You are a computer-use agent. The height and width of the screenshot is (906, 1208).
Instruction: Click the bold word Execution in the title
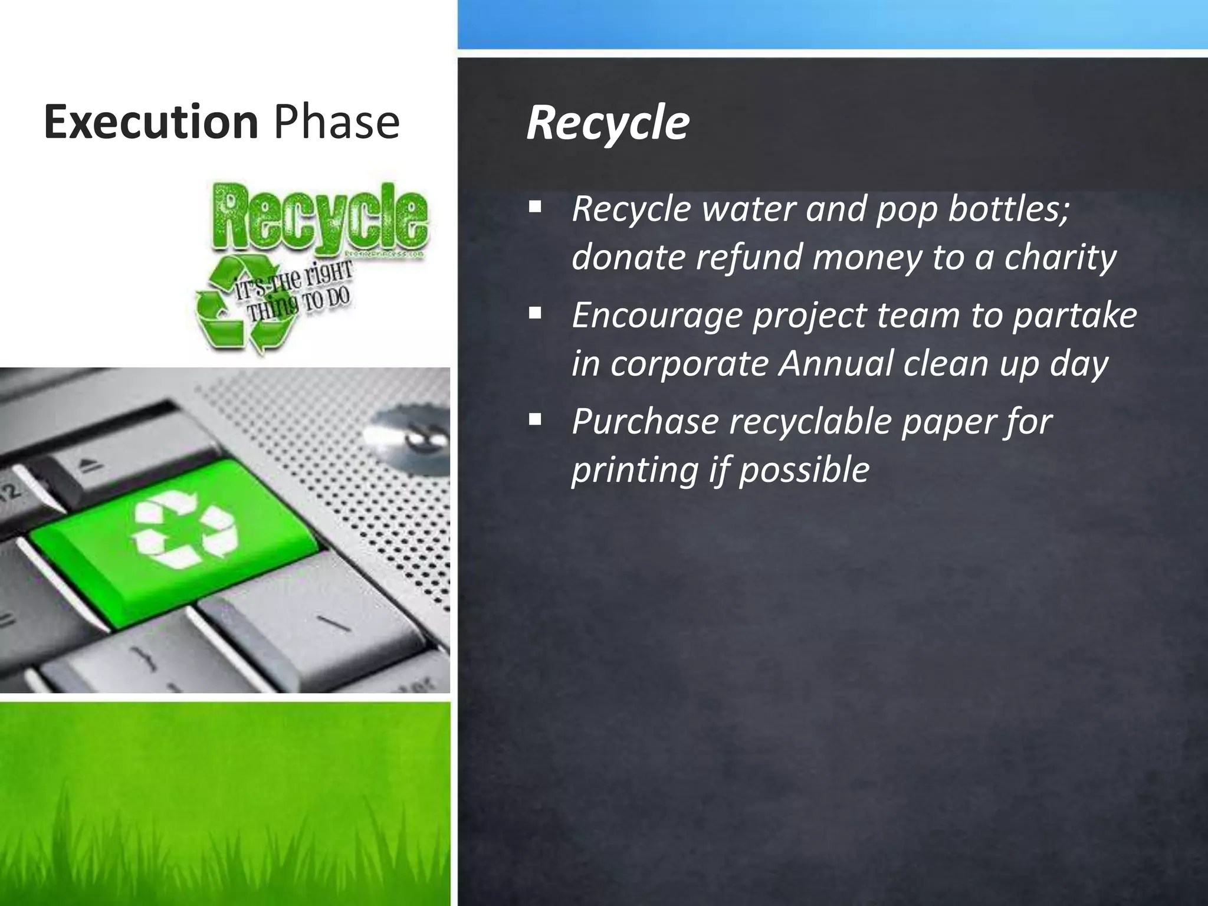pyautogui.click(x=151, y=122)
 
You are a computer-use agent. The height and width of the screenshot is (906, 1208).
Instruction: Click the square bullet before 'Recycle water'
pyautogui.click(x=535, y=207)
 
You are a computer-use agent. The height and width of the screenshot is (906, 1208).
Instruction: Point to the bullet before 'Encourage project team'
pyautogui.click(x=535, y=313)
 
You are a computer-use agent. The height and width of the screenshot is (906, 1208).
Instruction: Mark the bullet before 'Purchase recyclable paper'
pyautogui.click(x=535, y=419)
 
